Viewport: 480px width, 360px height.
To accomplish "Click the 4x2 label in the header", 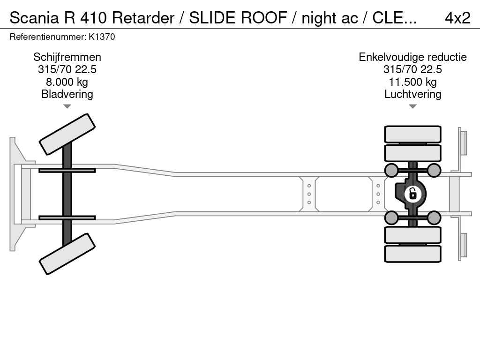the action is click(x=457, y=18).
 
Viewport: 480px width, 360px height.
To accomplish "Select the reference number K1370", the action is click(x=102, y=37).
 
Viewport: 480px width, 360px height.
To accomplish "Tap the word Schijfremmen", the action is click(x=67, y=57).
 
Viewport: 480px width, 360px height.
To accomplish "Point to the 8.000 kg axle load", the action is click(x=67, y=82).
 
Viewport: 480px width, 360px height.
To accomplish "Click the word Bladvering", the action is click(x=67, y=94).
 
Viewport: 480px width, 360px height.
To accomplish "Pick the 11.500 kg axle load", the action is click(x=412, y=82).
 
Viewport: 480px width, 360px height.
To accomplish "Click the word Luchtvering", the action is click(x=412, y=94).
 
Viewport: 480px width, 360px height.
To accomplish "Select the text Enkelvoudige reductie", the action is click(x=412, y=57).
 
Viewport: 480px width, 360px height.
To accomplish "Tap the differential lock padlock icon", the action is click(x=412, y=194).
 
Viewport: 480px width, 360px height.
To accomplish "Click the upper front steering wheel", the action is click(x=67, y=134).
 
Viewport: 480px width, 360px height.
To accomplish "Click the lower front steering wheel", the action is click(x=67, y=254).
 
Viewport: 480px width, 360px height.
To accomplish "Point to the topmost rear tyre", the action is click(x=412, y=134).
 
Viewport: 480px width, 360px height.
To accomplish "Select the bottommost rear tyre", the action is click(x=412, y=254).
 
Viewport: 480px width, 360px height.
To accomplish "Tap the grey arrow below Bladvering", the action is click(x=67, y=106).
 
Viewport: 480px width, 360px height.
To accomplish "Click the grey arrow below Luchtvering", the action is click(x=412, y=106).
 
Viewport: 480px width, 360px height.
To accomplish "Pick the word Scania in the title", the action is click(x=34, y=18).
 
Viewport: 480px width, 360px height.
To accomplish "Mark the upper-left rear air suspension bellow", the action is click(x=391, y=170).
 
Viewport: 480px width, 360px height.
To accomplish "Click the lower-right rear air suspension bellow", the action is click(x=434, y=217).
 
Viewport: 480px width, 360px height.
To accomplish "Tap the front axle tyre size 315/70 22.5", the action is click(x=67, y=69).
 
